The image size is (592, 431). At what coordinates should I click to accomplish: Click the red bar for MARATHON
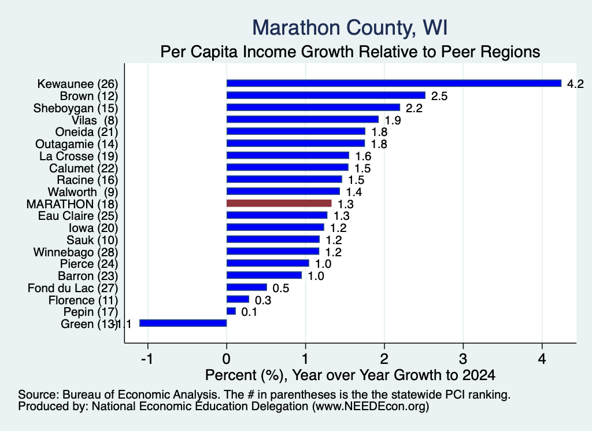click(279, 203)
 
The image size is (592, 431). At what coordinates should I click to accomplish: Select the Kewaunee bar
click(394, 83)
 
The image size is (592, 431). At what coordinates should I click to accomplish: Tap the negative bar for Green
click(183, 323)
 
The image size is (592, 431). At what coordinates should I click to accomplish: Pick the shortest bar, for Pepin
click(231, 311)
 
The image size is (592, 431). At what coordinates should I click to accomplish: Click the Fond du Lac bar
click(246, 287)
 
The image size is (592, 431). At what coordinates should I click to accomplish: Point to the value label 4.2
click(575, 83)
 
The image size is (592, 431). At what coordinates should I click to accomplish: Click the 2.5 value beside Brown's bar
click(439, 96)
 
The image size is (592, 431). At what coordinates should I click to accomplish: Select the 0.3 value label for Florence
click(263, 300)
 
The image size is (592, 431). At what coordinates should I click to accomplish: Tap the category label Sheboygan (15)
click(76, 108)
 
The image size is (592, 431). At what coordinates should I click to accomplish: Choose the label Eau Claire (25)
click(78, 216)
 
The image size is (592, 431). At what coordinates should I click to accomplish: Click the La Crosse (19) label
click(79, 156)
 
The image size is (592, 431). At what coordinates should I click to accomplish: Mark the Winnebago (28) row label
click(76, 252)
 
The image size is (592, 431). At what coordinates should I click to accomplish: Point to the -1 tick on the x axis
click(147, 359)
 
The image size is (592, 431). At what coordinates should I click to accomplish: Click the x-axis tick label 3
click(463, 359)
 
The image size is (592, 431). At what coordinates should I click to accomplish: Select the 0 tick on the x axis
click(227, 359)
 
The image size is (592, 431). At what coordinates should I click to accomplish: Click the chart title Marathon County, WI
click(350, 28)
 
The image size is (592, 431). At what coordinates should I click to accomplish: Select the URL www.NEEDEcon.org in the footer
click(371, 407)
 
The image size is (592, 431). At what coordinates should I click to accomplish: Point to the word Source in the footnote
click(39, 395)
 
